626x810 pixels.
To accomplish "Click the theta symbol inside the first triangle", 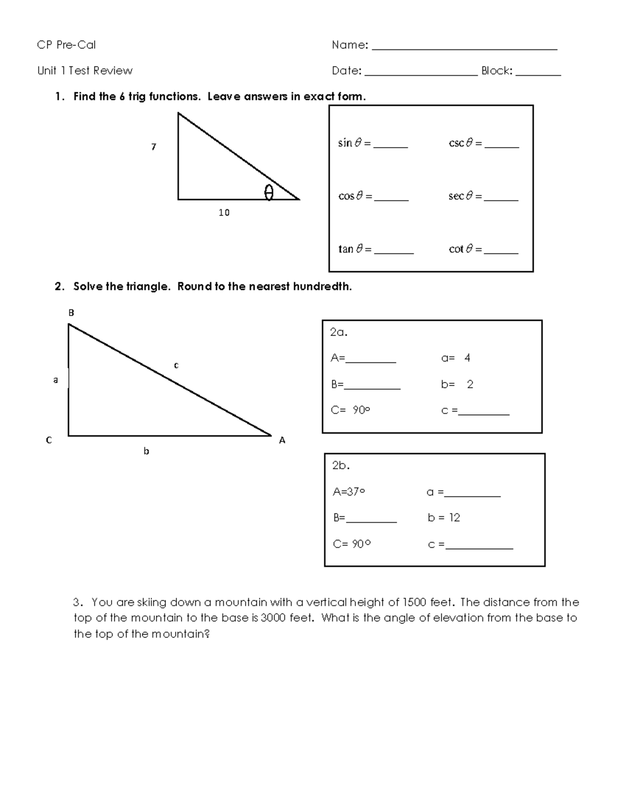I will [x=269, y=192].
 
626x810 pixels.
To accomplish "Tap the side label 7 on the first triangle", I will [x=153, y=147].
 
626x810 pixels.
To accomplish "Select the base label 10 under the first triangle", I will [x=224, y=212].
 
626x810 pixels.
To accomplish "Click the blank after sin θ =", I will [x=390, y=146].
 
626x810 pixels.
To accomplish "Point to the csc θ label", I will [x=461, y=143].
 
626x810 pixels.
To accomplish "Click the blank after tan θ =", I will [x=394, y=251].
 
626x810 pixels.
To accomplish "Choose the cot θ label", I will [x=461, y=249].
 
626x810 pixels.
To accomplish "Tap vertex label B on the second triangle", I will [x=71, y=313].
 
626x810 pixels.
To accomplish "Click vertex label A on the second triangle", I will [x=282, y=441].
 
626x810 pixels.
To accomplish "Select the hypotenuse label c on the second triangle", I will [x=176, y=365].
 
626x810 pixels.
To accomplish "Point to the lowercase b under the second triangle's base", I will [x=146, y=451].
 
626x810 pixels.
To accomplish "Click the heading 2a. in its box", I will [x=339, y=332].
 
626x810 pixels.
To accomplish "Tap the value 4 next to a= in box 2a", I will [x=467, y=358].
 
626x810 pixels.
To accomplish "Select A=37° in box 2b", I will [x=349, y=491].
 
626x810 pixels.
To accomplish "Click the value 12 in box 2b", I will [x=454, y=517].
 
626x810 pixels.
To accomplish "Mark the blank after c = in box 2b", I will [x=479, y=547].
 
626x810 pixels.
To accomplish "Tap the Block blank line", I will [x=538, y=74].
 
